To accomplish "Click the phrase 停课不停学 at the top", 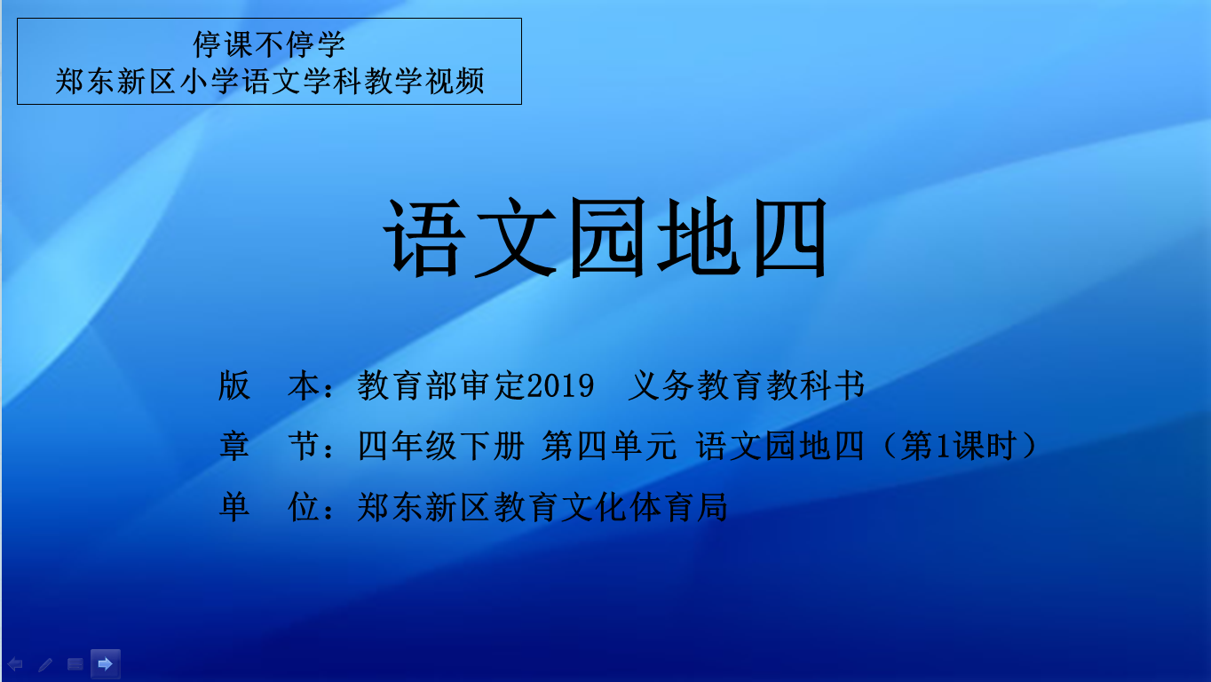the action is pyautogui.click(x=269, y=44).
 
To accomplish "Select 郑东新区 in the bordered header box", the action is pyautogui.click(x=115, y=81).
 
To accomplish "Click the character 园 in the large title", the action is pyautogui.click(x=607, y=237).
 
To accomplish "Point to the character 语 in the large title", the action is pyautogui.click(x=424, y=237).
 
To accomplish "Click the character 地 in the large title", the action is pyautogui.click(x=699, y=237).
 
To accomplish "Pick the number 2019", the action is pyautogui.click(x=560, y=385).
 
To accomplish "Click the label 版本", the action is pyautogui.click(x=269, y=385).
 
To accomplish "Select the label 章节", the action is pyautogui.click(x=269, y=446).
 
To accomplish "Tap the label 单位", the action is pyautogui.click(x=269, y=507).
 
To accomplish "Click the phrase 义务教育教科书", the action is pyautogui.click(x=747, y=385).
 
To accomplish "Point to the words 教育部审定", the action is pyautogui.click(x=441, y=385).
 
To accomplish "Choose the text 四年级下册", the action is pyautogui.click(x=441, y=446).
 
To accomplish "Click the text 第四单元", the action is pyautogui.click(x=609, y=446).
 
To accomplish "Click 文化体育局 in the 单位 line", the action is pyautogui.click(x=644, y=507).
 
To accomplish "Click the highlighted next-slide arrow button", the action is pyautogui.click(x=106, y=663).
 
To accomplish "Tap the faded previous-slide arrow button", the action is pyautogui.click(x=15, y=664).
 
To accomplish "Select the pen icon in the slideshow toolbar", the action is pyautogui.click(x=45, y=664).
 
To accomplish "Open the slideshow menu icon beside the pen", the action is pyautogui.click(x=75, y=664).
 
